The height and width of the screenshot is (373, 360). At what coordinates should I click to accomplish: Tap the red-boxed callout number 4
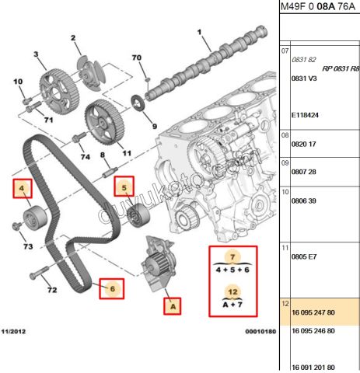tap(23, 187)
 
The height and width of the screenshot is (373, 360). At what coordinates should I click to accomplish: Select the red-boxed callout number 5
tap(124, 186)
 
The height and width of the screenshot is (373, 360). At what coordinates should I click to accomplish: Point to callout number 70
tap(137, 58)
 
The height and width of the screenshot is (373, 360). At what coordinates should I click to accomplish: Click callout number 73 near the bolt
tap(28, 247)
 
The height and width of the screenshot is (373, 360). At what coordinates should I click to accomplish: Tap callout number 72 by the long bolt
tap(52, 290)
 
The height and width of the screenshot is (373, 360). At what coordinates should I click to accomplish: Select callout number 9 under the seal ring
tap(153, 126)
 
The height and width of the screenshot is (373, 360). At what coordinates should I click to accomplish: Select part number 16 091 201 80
tap(313, 366)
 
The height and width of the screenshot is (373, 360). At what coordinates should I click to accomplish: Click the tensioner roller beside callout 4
tap(35, 213)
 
